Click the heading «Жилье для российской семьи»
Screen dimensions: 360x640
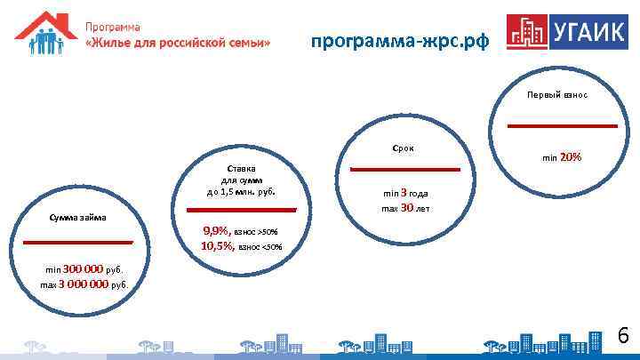coord(178,44)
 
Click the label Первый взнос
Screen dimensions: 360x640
coord(556,94)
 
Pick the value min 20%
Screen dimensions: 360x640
coord(562,157)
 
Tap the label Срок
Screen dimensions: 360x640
coord(403,148)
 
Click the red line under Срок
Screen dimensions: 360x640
coord(404,169)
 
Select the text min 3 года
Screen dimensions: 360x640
coord(405,192)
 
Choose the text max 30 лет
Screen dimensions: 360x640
coord(405,208)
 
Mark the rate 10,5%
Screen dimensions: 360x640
coord(217,245)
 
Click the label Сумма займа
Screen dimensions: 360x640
coord(77,216)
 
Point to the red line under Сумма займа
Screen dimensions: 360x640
coord(77,241)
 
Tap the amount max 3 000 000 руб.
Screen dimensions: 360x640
coord(84,284)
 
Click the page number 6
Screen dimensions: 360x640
coord(623,336)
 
